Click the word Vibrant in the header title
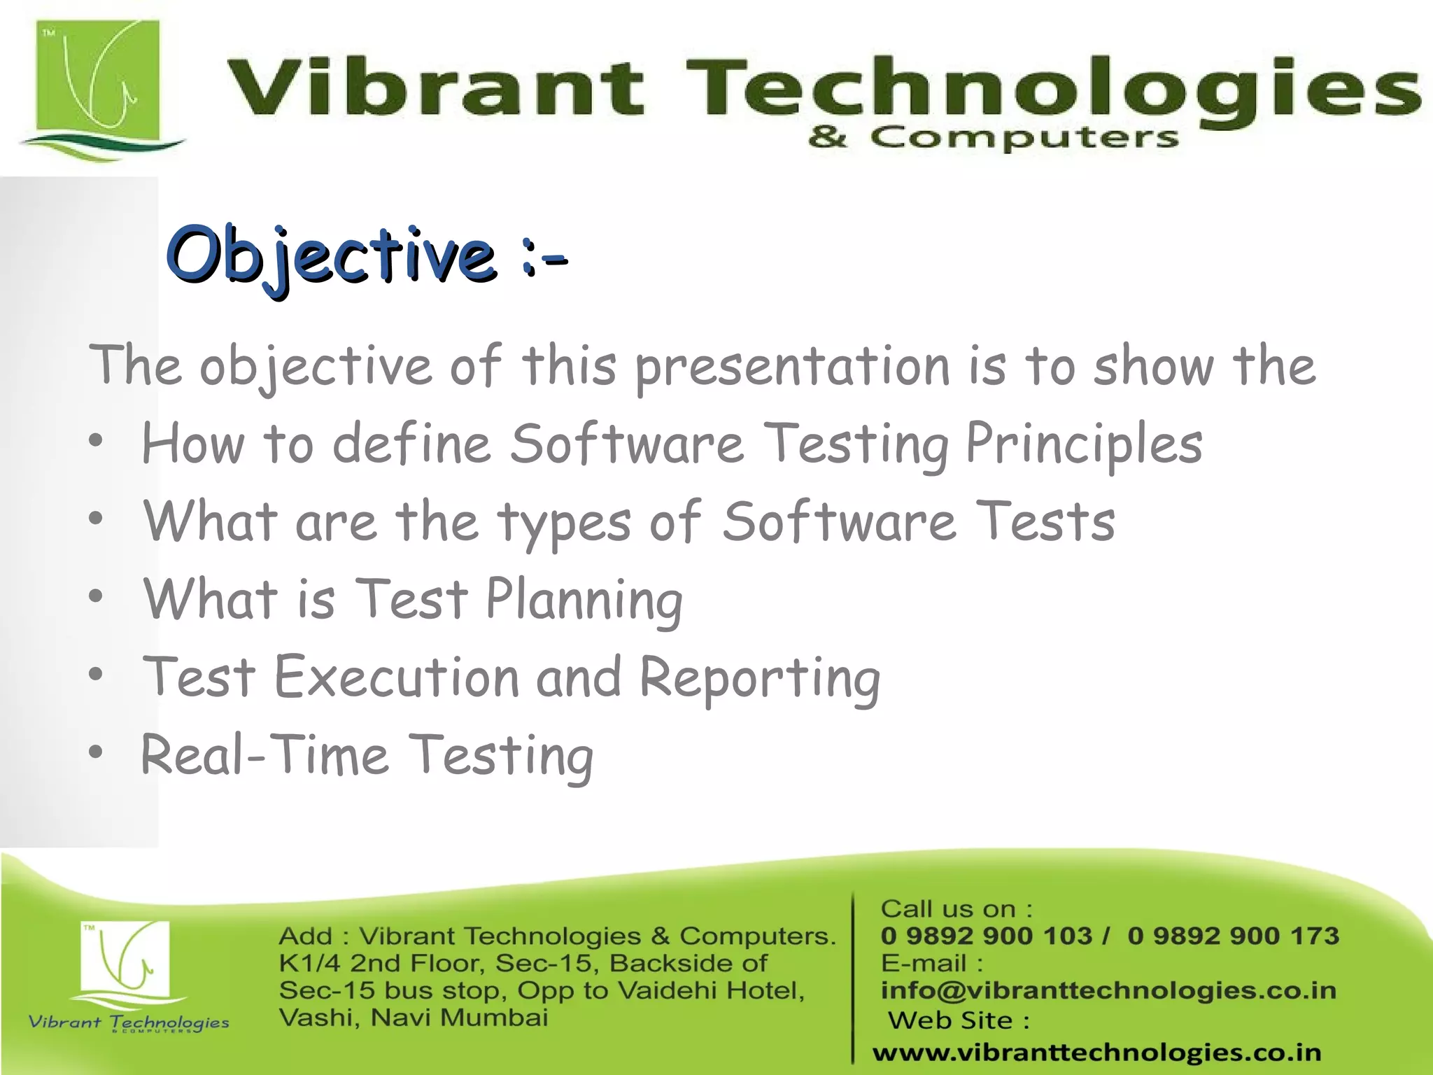tap(434, 87)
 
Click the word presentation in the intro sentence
tap(791, 367)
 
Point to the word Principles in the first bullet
tap(1084, 444)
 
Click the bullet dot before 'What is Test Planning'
tap(96, 597)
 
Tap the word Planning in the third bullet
tap(584, 600)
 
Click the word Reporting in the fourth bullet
tap(760, 678)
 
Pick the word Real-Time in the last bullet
tap(264, 756)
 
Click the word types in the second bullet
tap(564, 523)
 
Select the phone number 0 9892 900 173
tap(1233, 936)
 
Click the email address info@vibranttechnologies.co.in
tap(1108, 990)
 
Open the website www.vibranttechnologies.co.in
tap(1096, 1052)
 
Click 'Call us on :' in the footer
tap(956, 909)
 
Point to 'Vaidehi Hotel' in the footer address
tap(711, 990)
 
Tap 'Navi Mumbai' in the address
tap(459, 1018)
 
